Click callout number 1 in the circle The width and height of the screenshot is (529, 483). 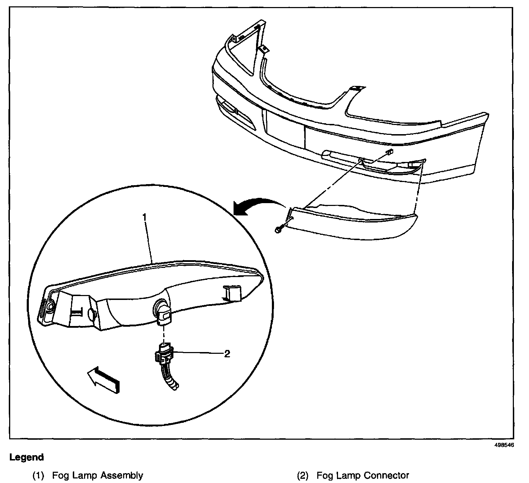point(144,217)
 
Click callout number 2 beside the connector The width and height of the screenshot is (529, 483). point(227,354)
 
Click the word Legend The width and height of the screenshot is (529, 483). point(27,458)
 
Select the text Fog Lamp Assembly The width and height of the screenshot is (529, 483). point(97,476)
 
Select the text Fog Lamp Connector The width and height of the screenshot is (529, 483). point(363,476)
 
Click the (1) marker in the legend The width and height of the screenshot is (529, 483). point(38,476)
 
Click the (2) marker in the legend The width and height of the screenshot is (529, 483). point(302,476)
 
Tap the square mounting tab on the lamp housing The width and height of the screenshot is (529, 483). point(231,293)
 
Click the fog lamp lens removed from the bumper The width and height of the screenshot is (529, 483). point(352,222)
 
